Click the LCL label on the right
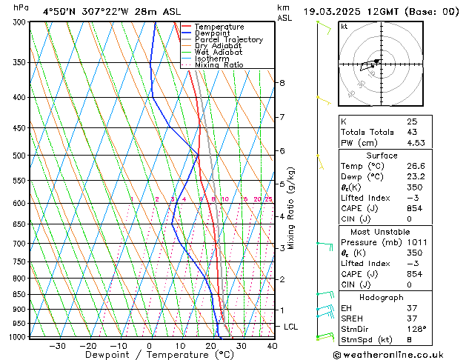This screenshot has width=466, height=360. click(x=291, y=327)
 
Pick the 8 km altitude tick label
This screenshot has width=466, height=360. click(x=282, y=83)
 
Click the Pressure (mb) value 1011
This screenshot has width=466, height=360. click(x=416, y=241)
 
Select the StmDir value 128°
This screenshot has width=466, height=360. click(x=416, y=329)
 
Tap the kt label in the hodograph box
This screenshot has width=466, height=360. click(x=344, y=27)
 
